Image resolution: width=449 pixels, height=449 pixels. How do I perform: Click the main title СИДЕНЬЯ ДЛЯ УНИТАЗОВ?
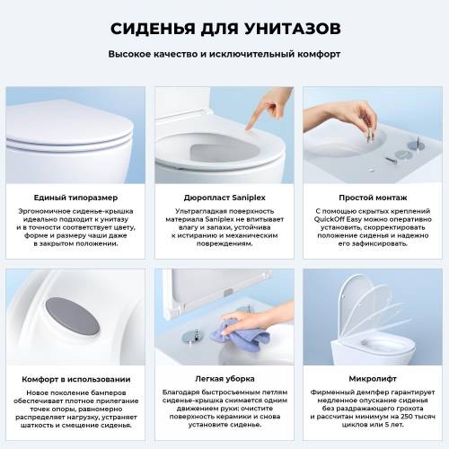tap(224, 28)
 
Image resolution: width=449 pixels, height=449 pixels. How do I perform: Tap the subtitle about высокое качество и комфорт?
tap(224, 54)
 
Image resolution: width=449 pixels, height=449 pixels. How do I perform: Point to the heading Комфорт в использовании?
tap(75, 379)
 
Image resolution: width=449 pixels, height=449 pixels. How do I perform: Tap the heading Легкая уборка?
tap(224, 379)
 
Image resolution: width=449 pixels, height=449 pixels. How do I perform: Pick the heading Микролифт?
tap(374, 379)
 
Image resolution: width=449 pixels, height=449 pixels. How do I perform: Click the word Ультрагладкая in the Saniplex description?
tap(191, 212)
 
